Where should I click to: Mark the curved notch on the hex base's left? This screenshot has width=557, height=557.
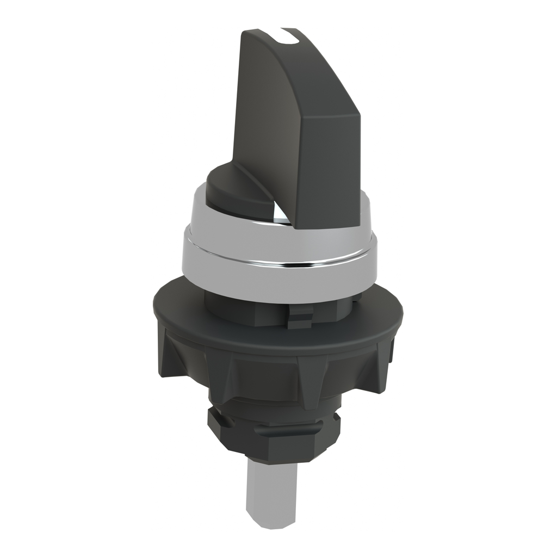[x=211, y=419]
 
